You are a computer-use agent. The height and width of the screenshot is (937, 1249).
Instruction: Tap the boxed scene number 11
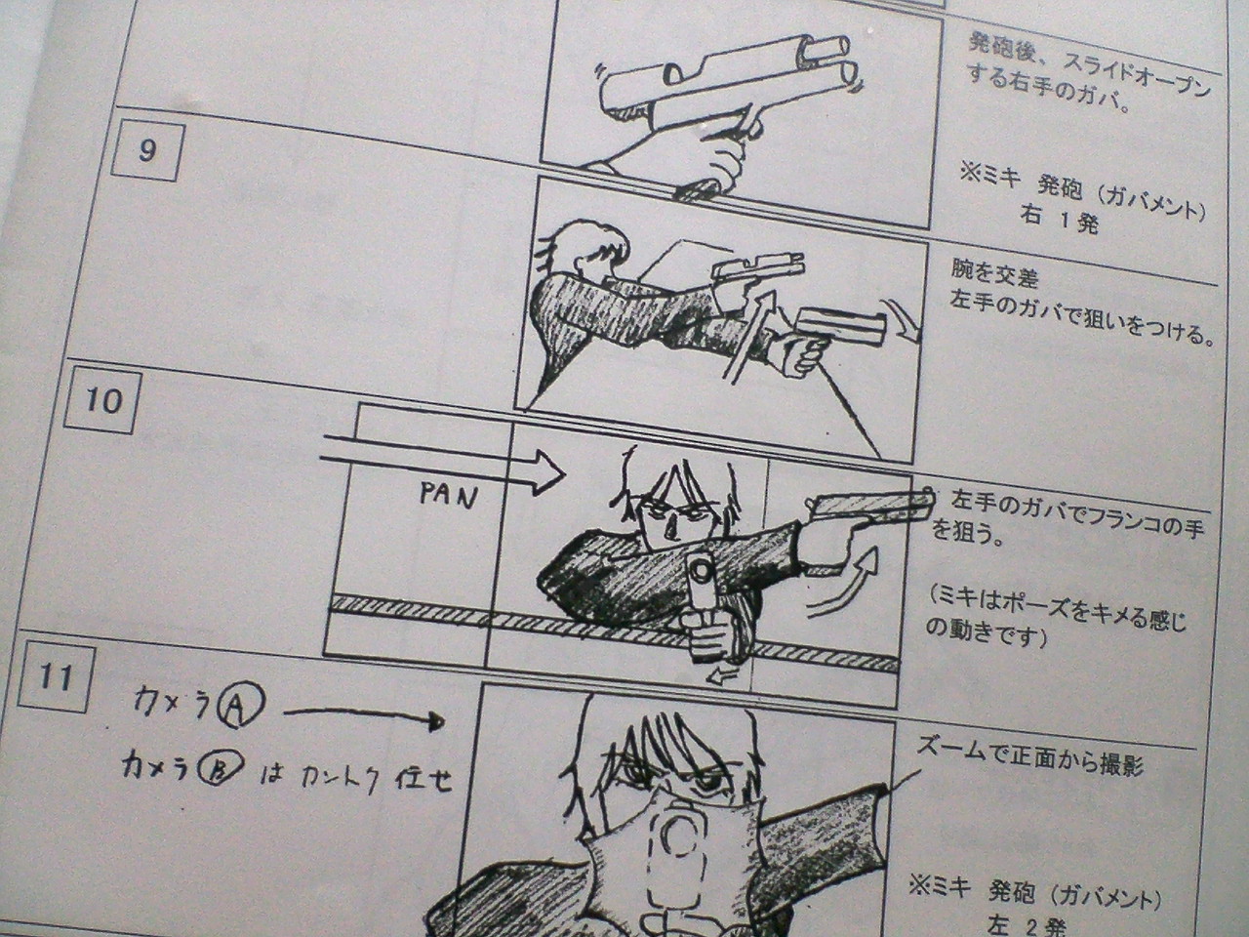click(x=56, y=679)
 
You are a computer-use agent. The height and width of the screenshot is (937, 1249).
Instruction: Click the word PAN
click(x=449, y=496)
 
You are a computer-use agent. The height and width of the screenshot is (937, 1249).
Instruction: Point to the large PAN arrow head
click(x=548, y=472)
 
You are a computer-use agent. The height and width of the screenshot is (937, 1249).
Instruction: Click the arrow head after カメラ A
click(x=437, y=722)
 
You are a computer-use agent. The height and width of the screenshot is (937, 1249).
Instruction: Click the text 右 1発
click(x=1059, y=220)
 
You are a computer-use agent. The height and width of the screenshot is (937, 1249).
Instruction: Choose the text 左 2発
click(x=1028, y=925)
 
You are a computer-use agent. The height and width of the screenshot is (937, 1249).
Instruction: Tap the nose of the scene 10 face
click(x=671, y=530)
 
